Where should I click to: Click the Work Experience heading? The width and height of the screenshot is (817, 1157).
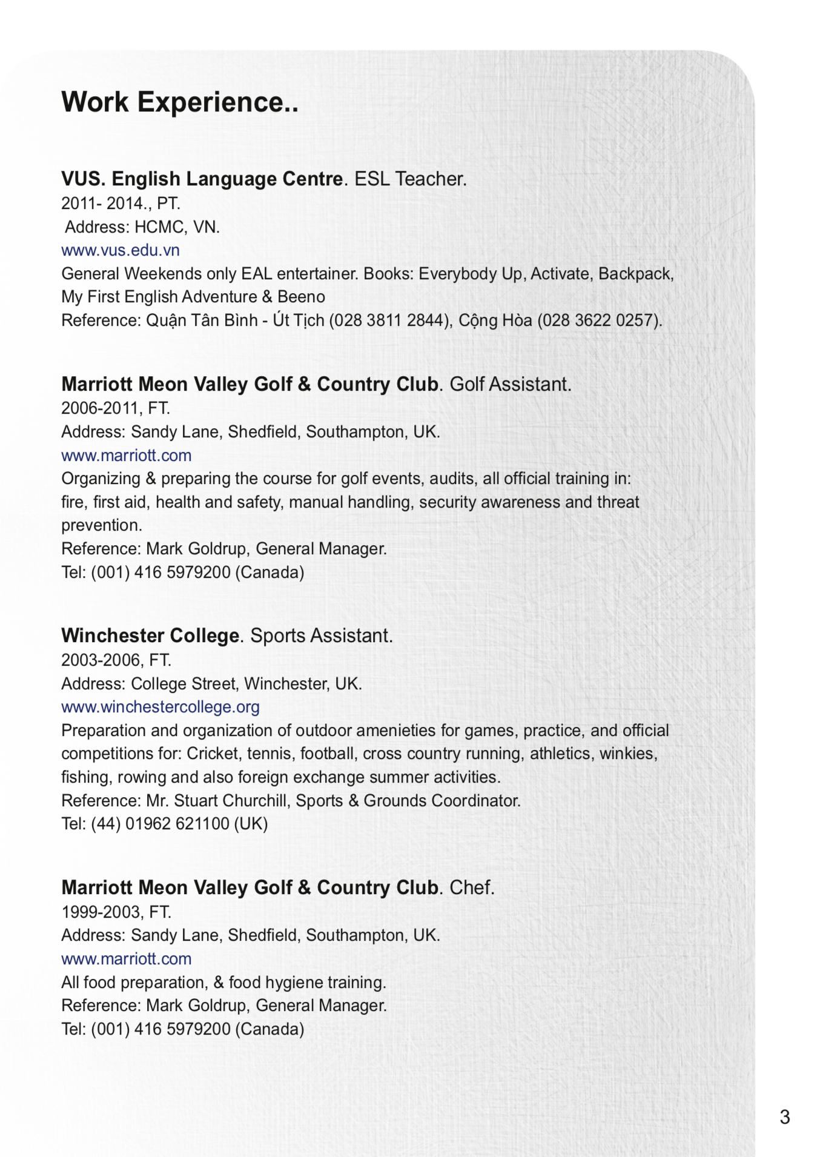180,102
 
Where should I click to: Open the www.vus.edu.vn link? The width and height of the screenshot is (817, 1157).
121,250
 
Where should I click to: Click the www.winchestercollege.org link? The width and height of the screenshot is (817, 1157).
160,707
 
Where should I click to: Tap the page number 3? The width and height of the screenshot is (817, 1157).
785,1116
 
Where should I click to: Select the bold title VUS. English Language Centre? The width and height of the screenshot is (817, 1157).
202,179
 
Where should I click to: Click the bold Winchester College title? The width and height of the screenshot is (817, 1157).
150,635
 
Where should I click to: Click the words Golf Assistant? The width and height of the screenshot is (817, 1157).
510,384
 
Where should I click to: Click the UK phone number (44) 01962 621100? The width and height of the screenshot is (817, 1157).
160,824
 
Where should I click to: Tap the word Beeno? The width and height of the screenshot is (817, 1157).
301,297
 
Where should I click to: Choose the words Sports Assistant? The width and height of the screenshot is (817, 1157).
321,635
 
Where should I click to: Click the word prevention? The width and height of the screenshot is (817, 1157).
101,525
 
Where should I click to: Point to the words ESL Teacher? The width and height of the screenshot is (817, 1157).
410,179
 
